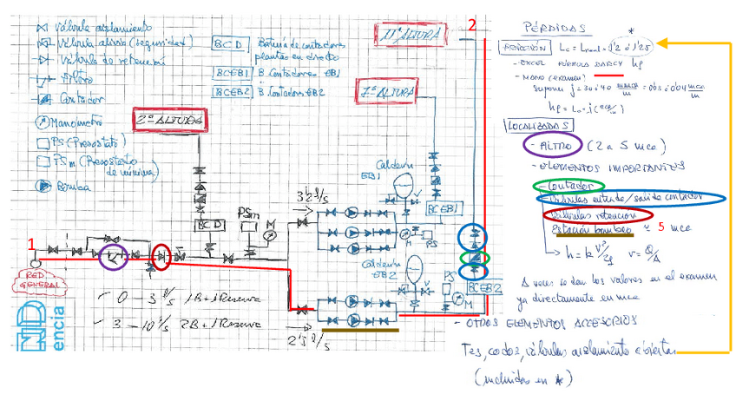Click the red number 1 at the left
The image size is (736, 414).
point(31,246)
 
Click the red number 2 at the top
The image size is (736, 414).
point(472,25)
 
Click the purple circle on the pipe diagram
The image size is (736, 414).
point(115,255)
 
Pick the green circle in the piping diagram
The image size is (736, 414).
point(472,257)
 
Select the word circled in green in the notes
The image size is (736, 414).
point(568,186)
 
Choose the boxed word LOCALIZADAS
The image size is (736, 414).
point(536,126)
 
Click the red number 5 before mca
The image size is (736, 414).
point(661,228)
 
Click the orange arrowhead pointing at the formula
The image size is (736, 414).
point(659,43)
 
